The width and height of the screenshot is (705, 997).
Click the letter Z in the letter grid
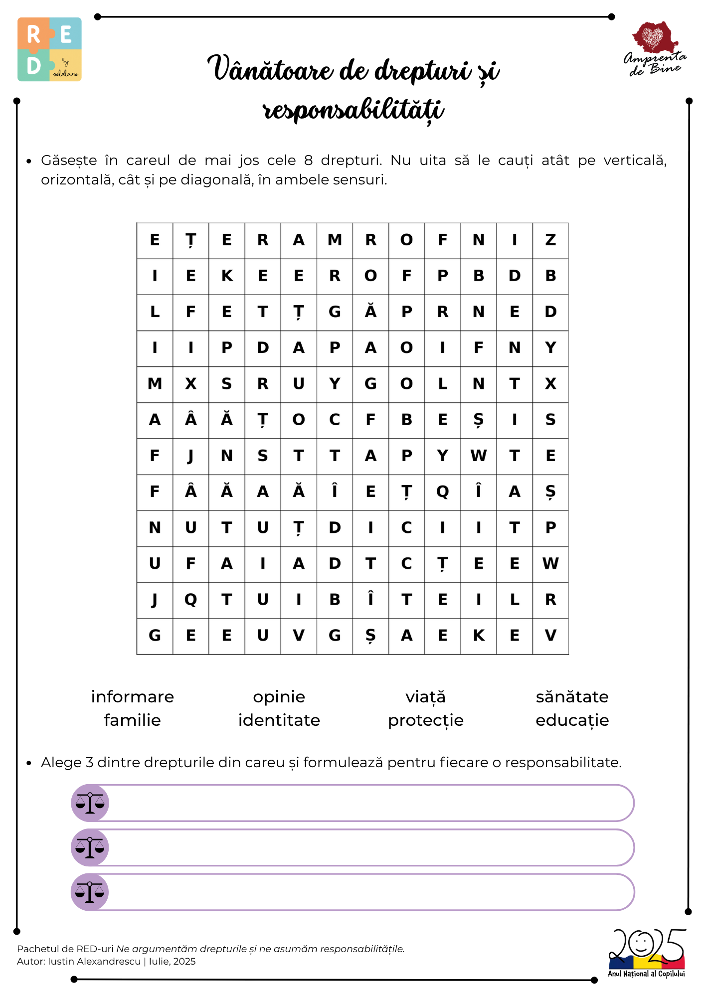550,240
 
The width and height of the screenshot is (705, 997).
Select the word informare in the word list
133,697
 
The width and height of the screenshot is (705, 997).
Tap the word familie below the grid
133,720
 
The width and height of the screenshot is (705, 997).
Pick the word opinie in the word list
279,697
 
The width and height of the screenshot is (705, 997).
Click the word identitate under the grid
279,720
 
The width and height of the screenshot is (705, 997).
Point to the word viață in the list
426,697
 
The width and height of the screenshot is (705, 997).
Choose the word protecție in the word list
426,721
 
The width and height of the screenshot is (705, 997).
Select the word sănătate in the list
572,697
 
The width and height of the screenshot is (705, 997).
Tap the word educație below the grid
572,721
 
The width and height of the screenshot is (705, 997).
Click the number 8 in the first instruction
308,161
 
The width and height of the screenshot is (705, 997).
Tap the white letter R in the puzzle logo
33,35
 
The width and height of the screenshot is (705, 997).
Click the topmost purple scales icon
90,803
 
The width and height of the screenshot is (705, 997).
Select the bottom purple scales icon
90,892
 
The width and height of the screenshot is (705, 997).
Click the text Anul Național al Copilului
646,974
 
